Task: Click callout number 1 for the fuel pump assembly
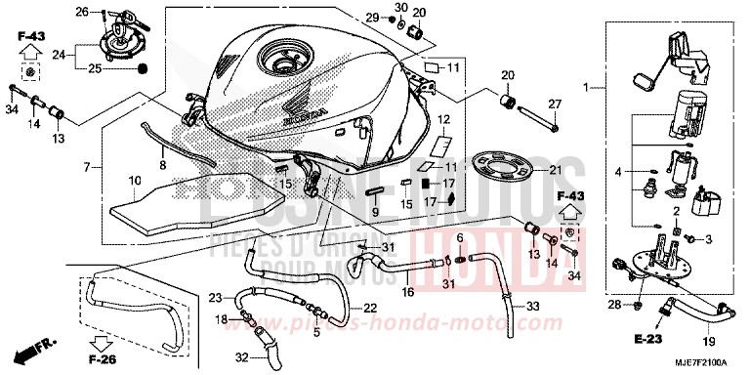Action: click(x=588, y=89)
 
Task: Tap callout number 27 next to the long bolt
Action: click(x=554, y=104)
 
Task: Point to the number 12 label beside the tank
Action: click(x=442, y=121)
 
